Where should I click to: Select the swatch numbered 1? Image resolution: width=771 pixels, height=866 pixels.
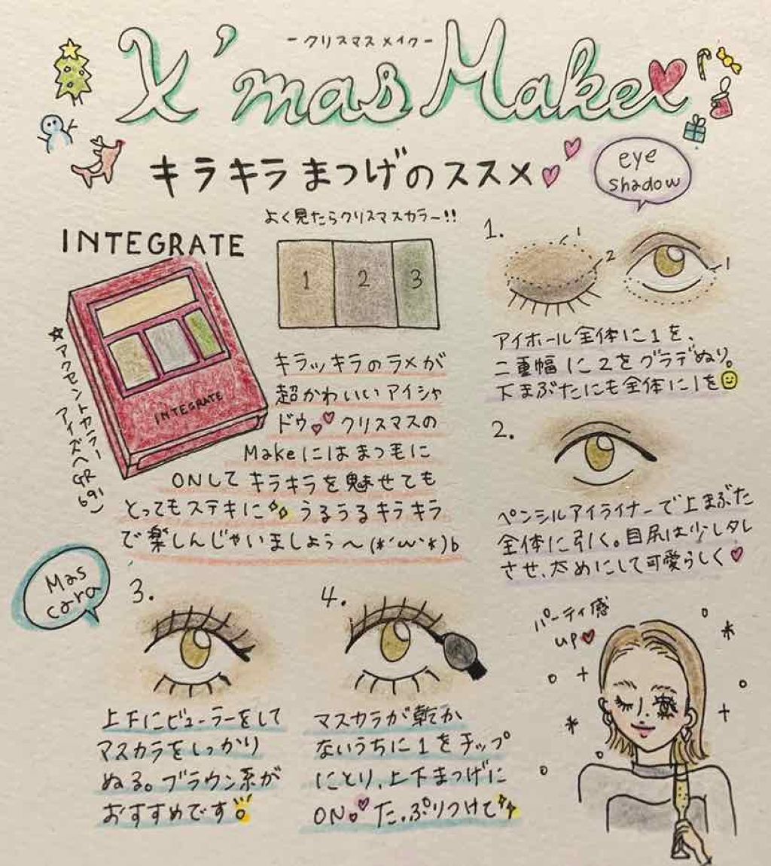coord(306,281)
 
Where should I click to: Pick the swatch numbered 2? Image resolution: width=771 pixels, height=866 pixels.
coord(362,282)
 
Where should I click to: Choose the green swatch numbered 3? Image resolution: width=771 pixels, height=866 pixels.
coord(413,282)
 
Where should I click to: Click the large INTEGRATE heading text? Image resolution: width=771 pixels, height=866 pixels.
coord(153,245)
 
